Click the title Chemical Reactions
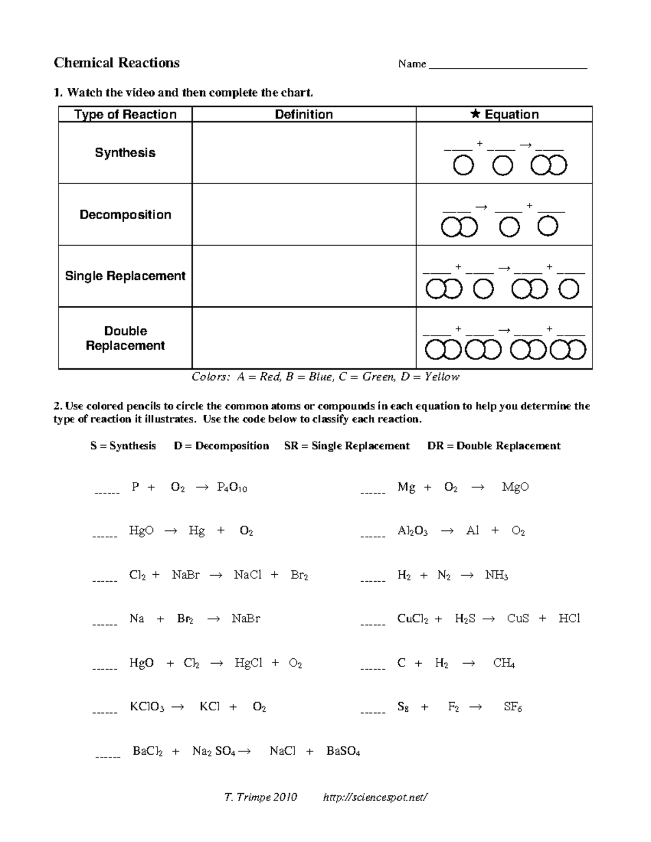coord(117,63)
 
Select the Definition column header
coord(304,114)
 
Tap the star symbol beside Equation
coord(475,114)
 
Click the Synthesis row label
coord(125,153)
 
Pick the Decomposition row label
coord(125,215)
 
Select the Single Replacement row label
coord(125,276)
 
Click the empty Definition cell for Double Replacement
coord(304,338)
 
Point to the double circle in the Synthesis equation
coord(549,165)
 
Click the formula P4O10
coord(232,487)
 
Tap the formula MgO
coord(515,487)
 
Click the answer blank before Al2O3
coord(373,534)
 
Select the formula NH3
coord(496,575)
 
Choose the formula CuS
coord(518,619)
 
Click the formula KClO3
coord(146,707)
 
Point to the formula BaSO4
coord(343,751)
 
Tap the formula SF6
coord(513,707)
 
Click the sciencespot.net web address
coord(375,797)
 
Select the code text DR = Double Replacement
coord(494,446)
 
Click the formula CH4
coord(504,663)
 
